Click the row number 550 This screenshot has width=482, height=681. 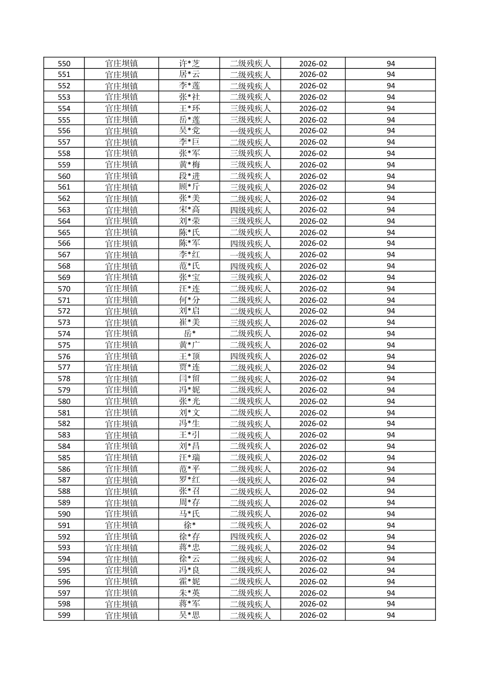[x=64, y=64]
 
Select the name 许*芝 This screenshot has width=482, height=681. [x=189, y=64]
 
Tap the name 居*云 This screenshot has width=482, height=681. [x=189, y=74]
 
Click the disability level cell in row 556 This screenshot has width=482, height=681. [x=250, y=131]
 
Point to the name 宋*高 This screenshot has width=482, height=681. [x=189, y=210]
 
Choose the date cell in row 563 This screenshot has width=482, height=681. [x=313, y=210]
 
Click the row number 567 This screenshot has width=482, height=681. [x=64, y=255]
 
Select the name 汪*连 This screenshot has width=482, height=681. [x=189, y=289]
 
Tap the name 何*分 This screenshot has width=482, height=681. [x=189, y=300]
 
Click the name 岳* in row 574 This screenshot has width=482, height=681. [x=189, y=334]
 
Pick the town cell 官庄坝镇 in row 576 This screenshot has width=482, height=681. [x=122, y=356]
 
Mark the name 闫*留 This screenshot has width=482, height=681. [x=189, y=379]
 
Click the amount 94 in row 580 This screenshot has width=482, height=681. [x=390, y=401]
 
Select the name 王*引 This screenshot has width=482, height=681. [x=189, y=435]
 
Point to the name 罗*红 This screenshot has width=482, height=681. [x=189, y=480]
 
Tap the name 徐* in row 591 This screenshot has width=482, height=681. [x=189, y=525]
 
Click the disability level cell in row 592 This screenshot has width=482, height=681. [x=250, y=537]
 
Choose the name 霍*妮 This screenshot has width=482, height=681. [x=189, y=581]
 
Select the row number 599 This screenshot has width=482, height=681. [x=64, y=615]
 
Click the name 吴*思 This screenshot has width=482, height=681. [x=189, y=615]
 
